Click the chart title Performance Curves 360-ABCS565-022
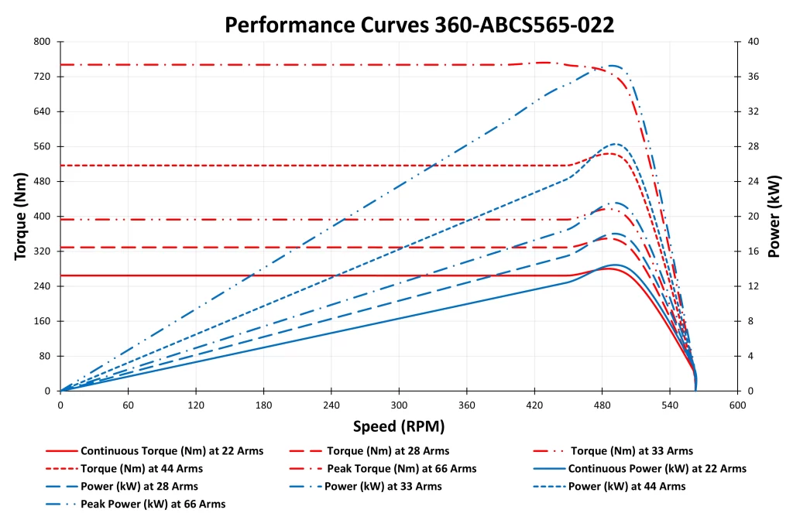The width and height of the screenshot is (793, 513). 419,25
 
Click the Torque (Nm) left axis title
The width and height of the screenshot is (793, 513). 21,216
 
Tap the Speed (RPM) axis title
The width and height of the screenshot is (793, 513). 399,426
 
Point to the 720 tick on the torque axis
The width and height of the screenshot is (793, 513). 42,77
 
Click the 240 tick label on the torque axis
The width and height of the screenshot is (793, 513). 42,286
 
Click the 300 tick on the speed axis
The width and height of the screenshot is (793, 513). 399,405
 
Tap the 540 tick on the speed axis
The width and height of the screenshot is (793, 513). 670,405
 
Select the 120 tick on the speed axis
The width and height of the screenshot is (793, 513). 196,405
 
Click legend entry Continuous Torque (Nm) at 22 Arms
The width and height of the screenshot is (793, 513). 171,450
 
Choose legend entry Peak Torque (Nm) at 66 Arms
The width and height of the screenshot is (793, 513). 401,469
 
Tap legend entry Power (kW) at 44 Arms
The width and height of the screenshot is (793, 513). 627,487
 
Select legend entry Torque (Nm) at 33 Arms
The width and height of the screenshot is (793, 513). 631,450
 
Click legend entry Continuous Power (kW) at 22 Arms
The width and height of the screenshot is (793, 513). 657,469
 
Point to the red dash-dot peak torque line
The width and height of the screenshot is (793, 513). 232,64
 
